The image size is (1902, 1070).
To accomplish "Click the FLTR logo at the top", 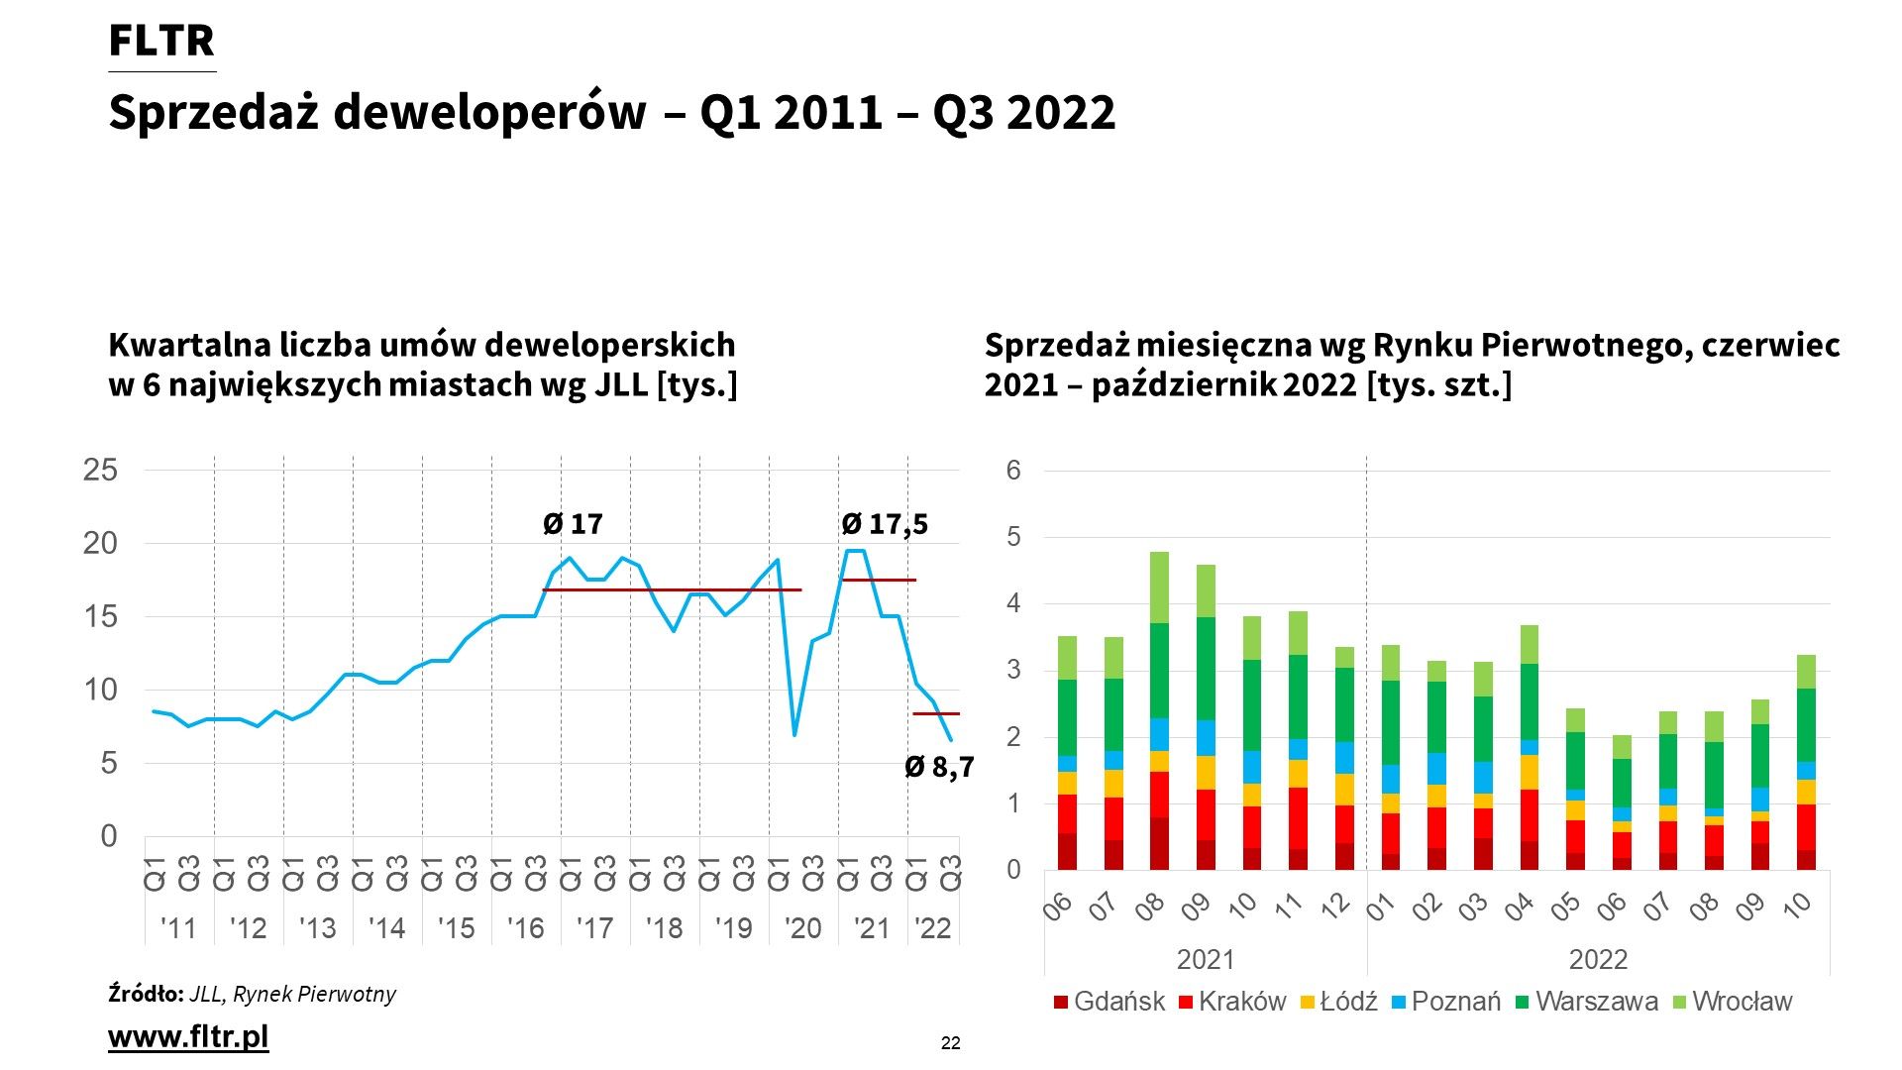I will point(161,42).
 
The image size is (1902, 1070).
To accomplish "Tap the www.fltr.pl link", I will point(188,1036).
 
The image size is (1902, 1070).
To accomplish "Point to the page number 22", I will point(950,1043).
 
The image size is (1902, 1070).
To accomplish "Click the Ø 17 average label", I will point(573,524).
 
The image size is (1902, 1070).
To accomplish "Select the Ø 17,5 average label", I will point(885,524).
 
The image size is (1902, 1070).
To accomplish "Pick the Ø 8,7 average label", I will point(939,767).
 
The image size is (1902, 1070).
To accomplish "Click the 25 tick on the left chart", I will point(100,471).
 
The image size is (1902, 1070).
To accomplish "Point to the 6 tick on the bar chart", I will point(1013,471).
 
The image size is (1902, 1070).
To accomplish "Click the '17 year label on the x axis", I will point(594,928).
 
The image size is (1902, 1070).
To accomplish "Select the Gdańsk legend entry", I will point(1109,1002).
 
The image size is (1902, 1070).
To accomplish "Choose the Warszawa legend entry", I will point(1587,1002).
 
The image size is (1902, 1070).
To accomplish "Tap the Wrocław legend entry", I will point(1732,1002).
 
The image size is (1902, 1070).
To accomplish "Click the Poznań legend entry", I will point(1445,1002).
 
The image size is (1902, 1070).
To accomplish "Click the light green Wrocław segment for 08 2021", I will point(1159,588).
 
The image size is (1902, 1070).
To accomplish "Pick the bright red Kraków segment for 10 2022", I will point(1806,827).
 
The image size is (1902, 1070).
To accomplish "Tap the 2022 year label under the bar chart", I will point(1598,959).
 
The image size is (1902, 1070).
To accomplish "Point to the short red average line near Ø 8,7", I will point(936,713).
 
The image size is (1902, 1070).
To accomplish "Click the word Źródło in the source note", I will point(146,994).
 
